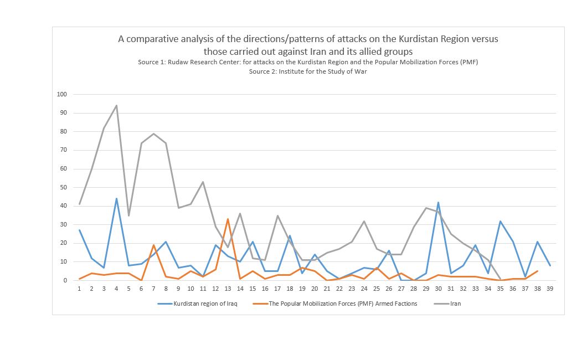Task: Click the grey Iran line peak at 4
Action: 116,105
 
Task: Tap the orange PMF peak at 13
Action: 228,219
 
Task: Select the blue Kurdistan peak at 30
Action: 438,202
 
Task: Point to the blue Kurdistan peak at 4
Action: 116,198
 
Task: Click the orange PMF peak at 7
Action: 153,245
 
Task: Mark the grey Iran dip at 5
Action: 128,215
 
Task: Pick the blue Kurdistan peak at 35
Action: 500,221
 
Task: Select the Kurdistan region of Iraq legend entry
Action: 205,303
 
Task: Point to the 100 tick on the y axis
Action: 62,94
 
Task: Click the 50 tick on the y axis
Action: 64,187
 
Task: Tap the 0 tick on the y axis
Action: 65,280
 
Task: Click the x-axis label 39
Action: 549,289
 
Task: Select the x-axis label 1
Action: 79,289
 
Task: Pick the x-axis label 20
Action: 315,289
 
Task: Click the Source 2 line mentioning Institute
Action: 307,71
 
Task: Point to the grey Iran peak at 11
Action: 203,182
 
